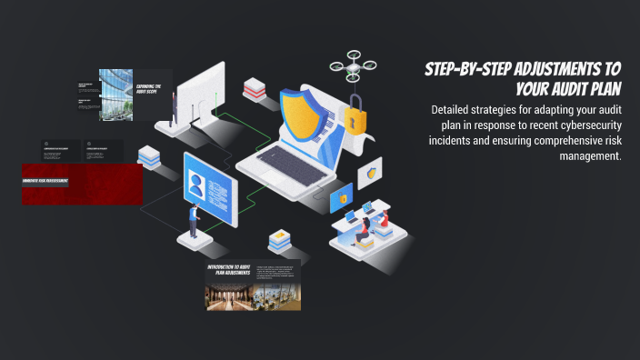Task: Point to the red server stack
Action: (254, 89)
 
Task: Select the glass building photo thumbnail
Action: (115, 95)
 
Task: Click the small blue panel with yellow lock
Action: (342, 196)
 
